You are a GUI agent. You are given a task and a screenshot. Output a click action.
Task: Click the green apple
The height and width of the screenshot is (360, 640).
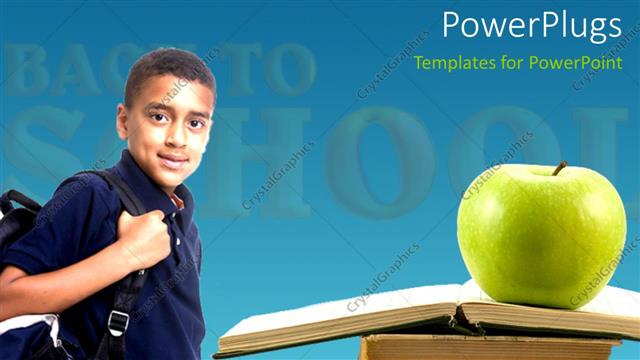click(540, 236)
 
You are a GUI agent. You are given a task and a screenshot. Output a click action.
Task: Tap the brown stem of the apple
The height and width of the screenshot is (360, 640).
click(559, 168)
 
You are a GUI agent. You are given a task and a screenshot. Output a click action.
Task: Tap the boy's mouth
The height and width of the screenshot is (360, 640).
click(172, 160)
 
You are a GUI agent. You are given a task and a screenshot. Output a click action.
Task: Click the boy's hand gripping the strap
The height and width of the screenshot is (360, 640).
click(143, 238)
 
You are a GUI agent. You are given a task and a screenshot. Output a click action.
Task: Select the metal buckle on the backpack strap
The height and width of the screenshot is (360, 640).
click(118, 322)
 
